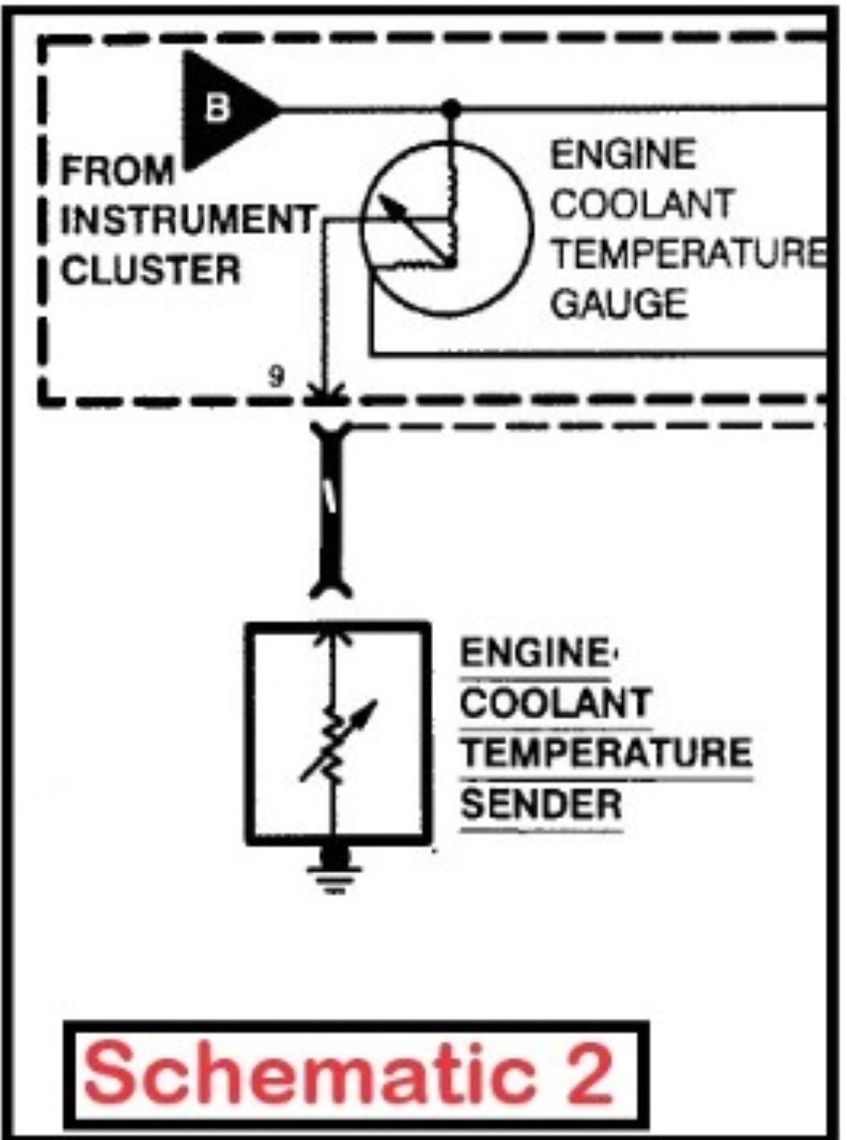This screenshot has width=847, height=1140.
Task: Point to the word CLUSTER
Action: (150, 271)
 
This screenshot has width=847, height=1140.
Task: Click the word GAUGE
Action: (618, 303)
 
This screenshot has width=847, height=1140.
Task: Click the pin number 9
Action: (277, 375)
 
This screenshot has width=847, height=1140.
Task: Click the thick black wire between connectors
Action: (331, 509)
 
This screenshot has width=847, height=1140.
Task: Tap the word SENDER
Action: (541, 804)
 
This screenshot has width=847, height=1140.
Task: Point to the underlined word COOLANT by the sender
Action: (555, 703)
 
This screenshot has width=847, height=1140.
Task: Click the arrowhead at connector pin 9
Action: (326, 392)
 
